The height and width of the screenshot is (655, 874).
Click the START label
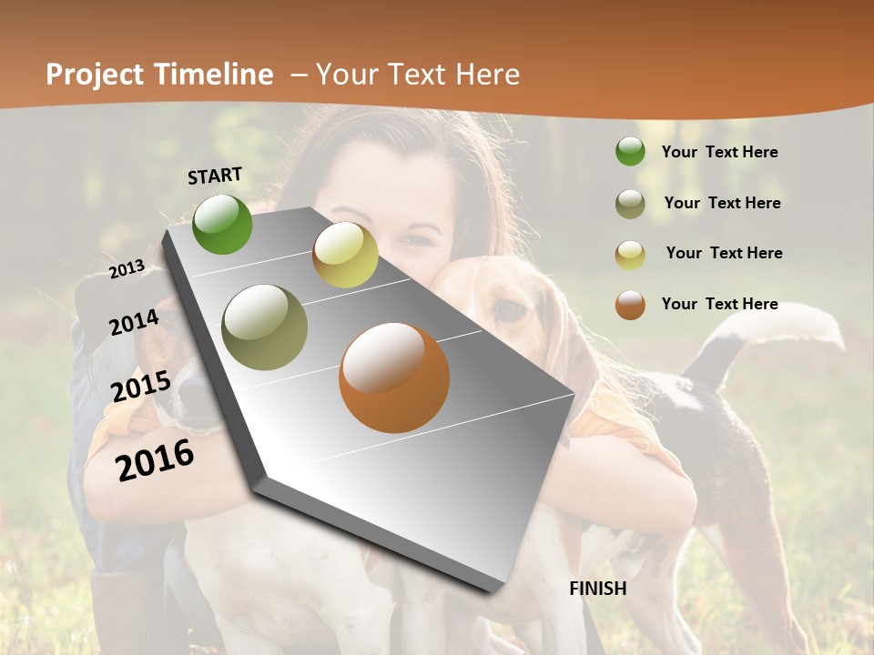(x=215, y=176)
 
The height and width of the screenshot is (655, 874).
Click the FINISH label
(x=597, y=589)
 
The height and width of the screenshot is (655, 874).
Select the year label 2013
(x=127, y=269)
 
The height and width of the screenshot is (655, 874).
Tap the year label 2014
(x=135, y=323)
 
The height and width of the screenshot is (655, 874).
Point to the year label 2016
(x=155, y=460)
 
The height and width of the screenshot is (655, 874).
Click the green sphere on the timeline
(x=222, y=224)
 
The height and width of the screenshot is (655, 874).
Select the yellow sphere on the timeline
(x=345, y=255)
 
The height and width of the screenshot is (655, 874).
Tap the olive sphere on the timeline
(x=265, y=327)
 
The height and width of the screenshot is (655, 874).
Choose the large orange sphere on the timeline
(x=393, y=378)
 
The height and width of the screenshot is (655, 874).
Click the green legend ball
(x=630, y=151)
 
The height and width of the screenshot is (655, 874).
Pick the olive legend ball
(x=630, y=204)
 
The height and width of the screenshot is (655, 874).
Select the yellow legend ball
(x=630, y=254)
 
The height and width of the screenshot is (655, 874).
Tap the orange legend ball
(x=630, y=305)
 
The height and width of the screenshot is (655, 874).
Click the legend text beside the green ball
(x=719, y=152)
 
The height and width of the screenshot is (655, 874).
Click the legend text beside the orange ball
(x=719, y=304)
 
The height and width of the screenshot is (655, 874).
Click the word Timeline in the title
(x=215, y=75)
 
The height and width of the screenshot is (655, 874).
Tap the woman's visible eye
(x=416, y=241)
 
